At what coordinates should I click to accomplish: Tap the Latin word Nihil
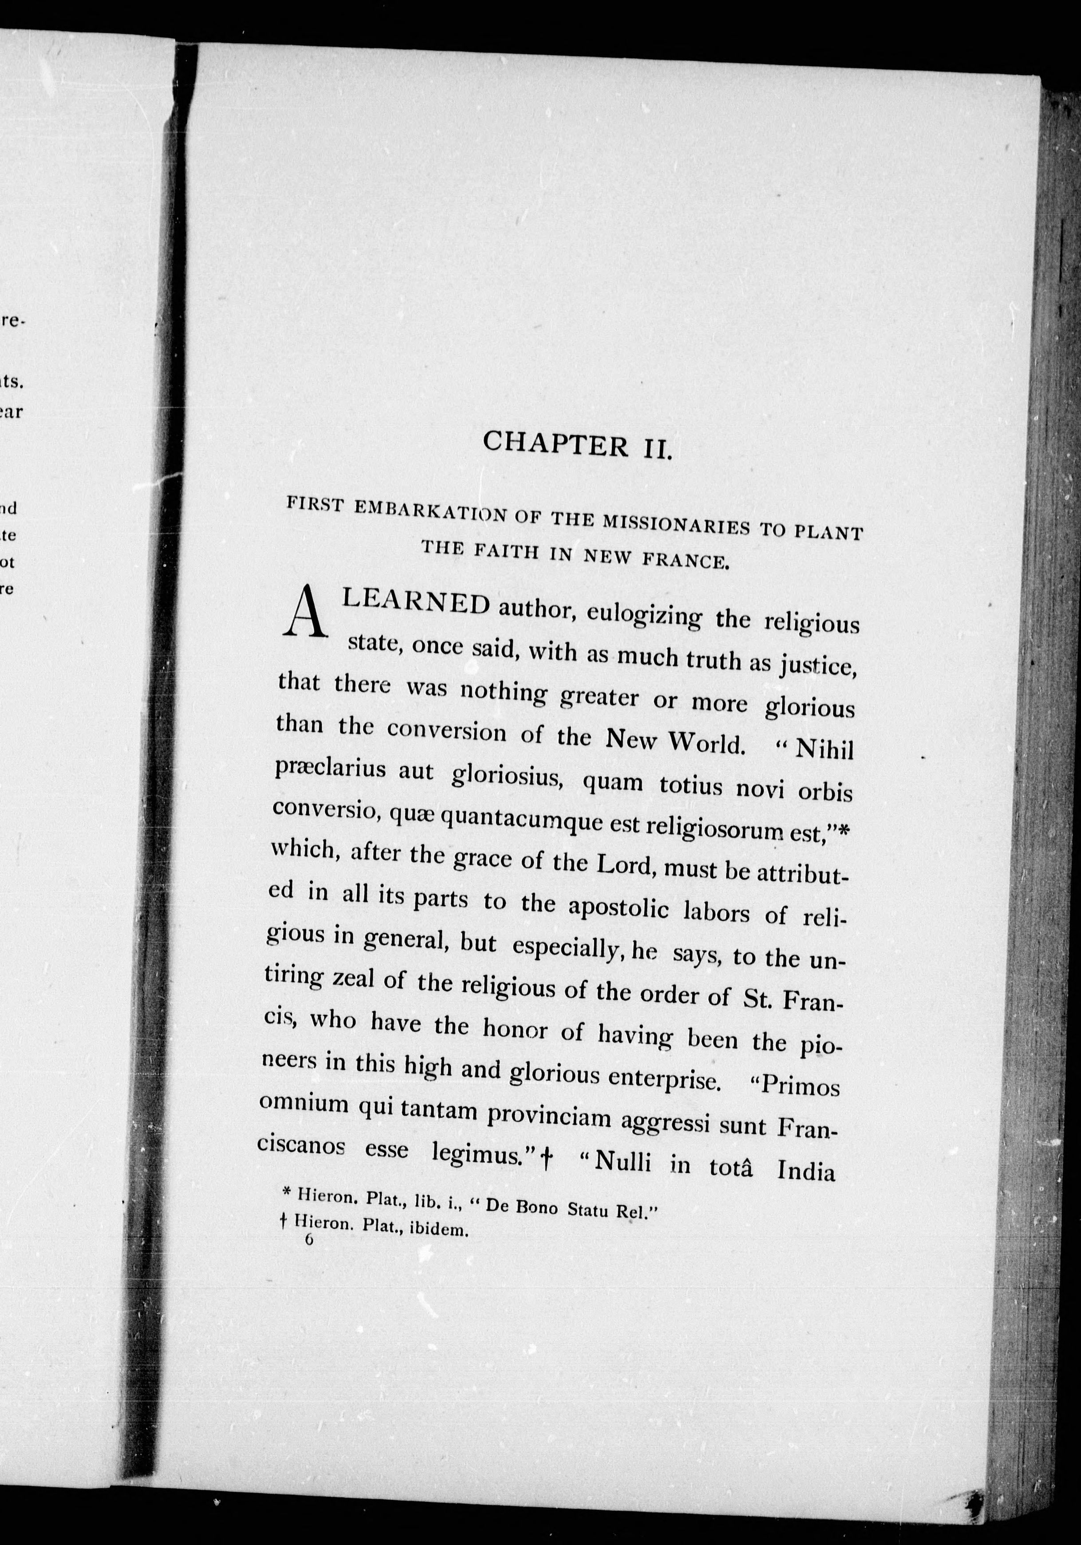(824, 749)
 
